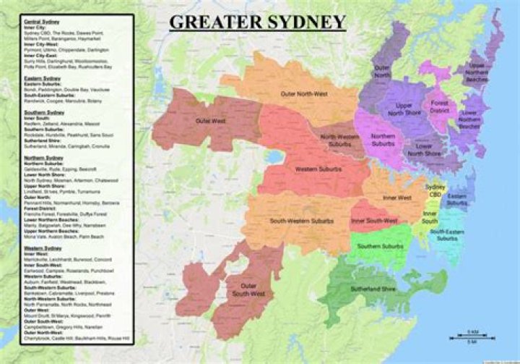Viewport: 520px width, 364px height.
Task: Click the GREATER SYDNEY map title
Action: coord(257,22)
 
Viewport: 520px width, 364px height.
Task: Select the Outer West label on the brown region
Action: coord(190,121)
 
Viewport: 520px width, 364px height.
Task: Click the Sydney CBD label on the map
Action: coord(435,191)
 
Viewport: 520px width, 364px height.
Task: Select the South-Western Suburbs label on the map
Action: coord(301,219)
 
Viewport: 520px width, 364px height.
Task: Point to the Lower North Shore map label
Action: coord(424,150)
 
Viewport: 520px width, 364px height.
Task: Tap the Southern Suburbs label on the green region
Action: coord(379,247)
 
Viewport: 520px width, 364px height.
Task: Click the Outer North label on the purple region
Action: coord(382,71)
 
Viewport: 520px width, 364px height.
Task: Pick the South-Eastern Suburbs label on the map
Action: coord(446,234)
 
